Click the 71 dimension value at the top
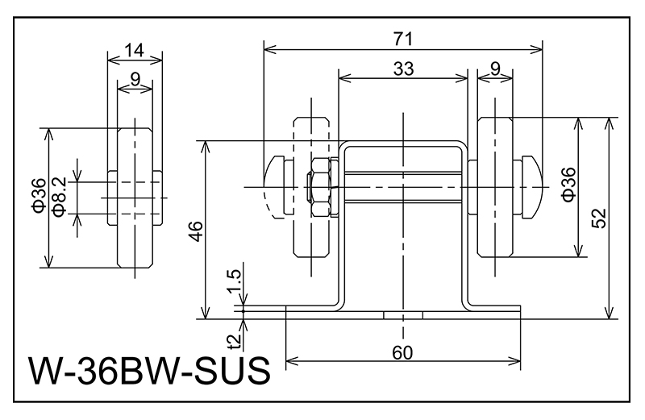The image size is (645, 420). [402, 39]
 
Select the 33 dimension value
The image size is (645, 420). [402, 69]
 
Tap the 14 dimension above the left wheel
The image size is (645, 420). [135, 50]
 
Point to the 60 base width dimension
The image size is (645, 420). [402, 353]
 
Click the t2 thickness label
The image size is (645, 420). [235, 341]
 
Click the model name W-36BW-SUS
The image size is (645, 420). [148, 372]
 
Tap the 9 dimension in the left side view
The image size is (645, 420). [135, 79]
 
